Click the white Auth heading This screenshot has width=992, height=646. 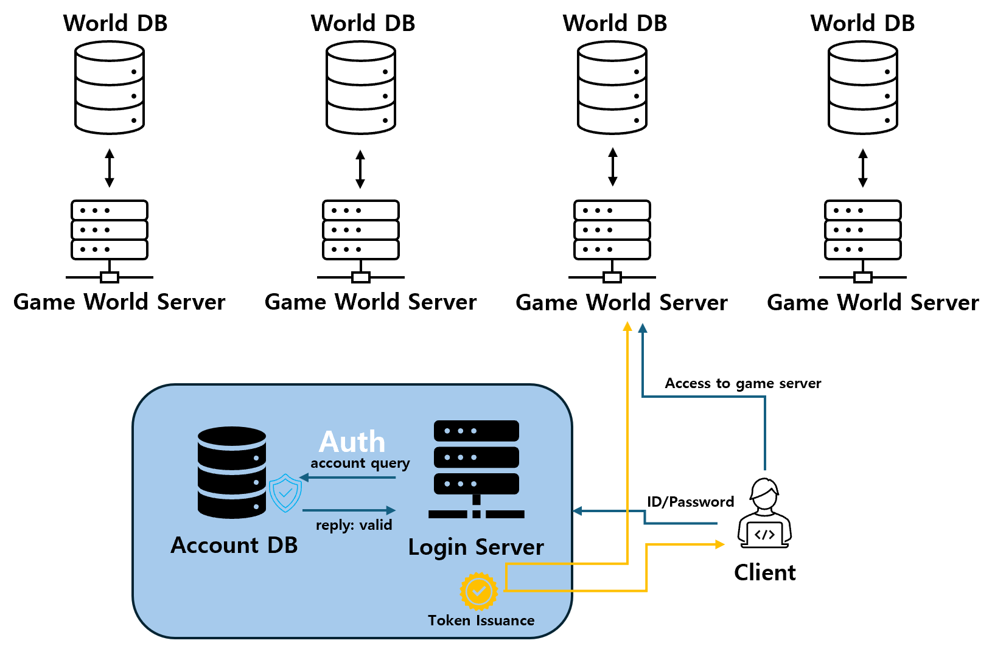352,442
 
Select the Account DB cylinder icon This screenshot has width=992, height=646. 232,472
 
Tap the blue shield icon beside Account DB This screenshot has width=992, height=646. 285,493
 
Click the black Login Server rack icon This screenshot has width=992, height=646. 477,469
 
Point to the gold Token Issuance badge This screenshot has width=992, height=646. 479,591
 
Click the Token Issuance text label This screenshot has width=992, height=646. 481,620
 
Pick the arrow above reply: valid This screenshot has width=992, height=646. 349,510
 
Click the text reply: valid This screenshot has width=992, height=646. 354,525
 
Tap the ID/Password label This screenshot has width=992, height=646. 690,502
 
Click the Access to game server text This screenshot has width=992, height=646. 742,383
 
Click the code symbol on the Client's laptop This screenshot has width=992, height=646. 764,535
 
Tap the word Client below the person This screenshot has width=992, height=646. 765,572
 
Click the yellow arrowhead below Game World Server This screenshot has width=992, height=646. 627,327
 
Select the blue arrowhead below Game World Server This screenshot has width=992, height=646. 643,328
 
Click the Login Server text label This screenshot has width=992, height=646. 476,547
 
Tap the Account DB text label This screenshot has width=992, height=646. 234,545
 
